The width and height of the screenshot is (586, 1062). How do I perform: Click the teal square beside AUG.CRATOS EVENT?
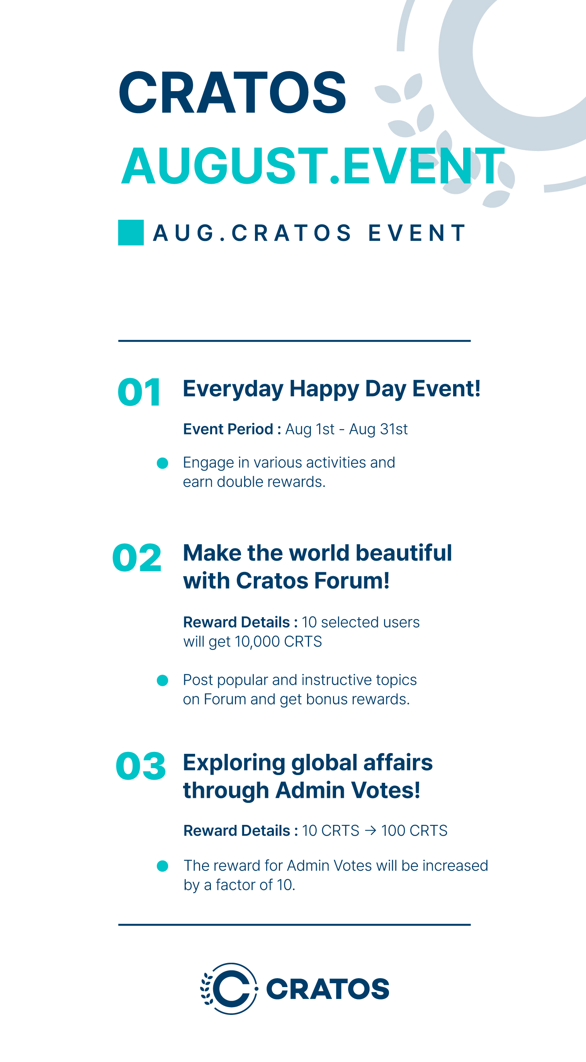tap(131, 232)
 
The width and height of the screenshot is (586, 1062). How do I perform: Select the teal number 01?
tap(139, 392)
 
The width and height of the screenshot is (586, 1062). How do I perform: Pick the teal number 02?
tap(136, 557)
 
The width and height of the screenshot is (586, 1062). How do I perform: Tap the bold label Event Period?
tap(228, 429)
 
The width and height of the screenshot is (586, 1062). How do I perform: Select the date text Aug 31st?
tap(378, 429)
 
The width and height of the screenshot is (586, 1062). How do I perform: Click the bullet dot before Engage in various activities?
tap(163, 463)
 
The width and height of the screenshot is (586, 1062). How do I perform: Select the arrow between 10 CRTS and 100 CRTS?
tap(370, 831)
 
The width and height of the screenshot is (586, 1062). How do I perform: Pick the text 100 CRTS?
tap(414, 831)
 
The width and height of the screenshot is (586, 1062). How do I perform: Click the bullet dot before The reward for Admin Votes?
tap(163, 866)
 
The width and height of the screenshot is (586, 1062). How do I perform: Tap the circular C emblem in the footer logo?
tap(230, 989)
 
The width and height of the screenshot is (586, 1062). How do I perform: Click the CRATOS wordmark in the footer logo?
tap(328, 989)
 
